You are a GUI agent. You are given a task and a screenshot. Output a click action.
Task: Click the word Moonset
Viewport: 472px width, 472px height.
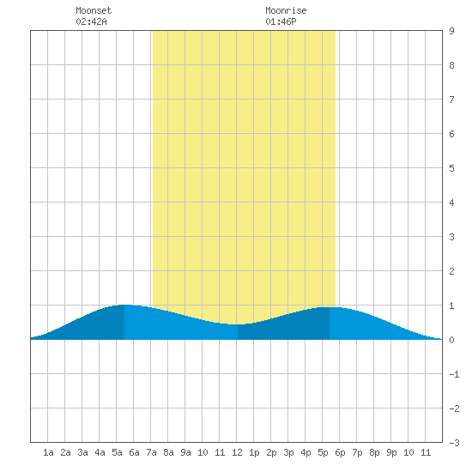tap(94, 10)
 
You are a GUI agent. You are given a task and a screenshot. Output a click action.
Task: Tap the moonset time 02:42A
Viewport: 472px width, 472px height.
tap(91, 21)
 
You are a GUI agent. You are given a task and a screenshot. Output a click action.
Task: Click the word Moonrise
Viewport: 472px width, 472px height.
tap(286, 10)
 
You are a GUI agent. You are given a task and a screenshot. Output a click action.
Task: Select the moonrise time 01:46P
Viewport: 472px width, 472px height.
tap(281, 21)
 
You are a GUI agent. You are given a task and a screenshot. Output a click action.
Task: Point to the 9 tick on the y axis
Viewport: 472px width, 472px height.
tap(451, 31)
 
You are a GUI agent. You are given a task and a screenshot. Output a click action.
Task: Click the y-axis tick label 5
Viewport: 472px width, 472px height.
tap(451, 168)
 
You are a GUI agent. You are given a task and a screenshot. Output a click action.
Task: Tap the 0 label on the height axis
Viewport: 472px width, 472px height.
tap(451, 340)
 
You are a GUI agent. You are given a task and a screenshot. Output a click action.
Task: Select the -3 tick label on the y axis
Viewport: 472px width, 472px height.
tap(454, 443)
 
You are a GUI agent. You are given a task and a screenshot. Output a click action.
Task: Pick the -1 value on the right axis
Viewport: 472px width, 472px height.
tap(454, 374)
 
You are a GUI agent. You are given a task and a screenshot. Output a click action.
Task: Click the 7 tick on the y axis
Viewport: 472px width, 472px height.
tap(451, 100)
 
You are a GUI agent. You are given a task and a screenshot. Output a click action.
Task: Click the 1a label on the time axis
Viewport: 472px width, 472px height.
tap(48, 452)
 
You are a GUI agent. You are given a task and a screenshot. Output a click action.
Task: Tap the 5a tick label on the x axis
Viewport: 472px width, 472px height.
tap(117, 452)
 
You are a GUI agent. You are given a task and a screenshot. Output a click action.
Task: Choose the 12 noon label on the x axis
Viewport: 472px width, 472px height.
tap(237, 452)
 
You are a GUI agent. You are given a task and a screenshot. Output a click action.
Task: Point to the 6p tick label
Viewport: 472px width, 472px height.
tap(340, 452)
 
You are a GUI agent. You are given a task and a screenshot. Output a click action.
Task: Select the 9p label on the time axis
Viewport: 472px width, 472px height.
tap(391, 452)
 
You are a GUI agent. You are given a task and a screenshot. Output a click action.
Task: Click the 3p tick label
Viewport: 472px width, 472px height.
tap(288, 452)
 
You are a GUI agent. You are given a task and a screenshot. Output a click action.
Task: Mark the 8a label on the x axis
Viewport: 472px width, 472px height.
tap(168, 452)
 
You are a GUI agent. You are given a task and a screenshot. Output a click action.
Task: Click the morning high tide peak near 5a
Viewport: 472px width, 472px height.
tap(124, 305)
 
